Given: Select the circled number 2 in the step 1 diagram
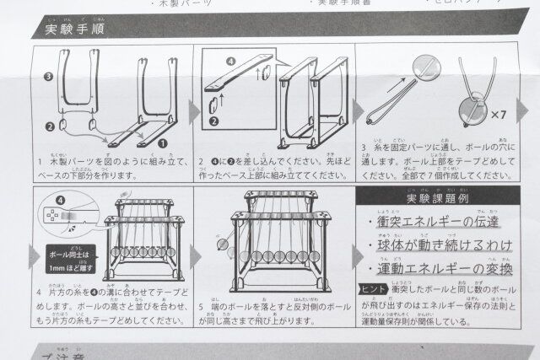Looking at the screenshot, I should [49, 126].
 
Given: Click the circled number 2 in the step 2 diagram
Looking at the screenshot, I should [213, 121].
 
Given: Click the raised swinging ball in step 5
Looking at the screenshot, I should [222, 245].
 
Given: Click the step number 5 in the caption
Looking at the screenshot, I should [200, 306].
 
